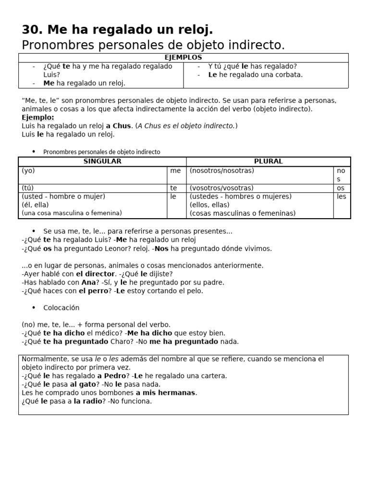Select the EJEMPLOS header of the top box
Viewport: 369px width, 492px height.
point(183,58)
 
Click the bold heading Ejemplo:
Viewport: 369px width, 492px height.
point(38,117)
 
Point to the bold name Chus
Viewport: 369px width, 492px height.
point(122,126)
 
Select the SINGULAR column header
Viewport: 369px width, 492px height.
point(102,161)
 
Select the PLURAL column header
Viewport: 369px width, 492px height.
point(268,161)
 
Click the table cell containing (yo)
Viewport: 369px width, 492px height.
point(28,171)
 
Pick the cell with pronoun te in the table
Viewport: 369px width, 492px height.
point(173,188)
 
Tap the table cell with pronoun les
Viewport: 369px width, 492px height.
point(342,197)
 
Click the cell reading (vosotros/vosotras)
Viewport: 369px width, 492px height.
point(221,188)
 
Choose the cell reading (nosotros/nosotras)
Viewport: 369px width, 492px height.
point(222,171)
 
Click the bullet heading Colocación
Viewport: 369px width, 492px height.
point(61,307)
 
